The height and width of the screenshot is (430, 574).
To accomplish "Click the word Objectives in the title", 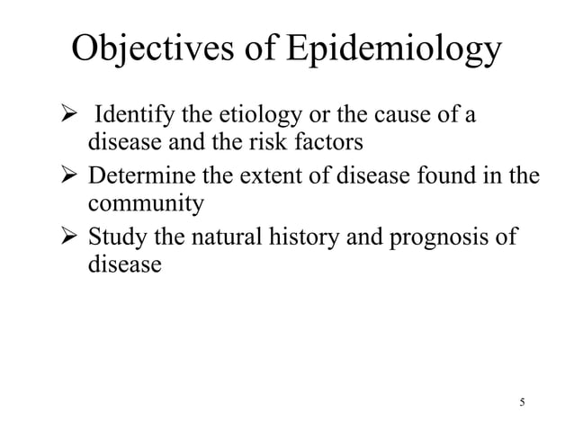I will coord(156,50).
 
